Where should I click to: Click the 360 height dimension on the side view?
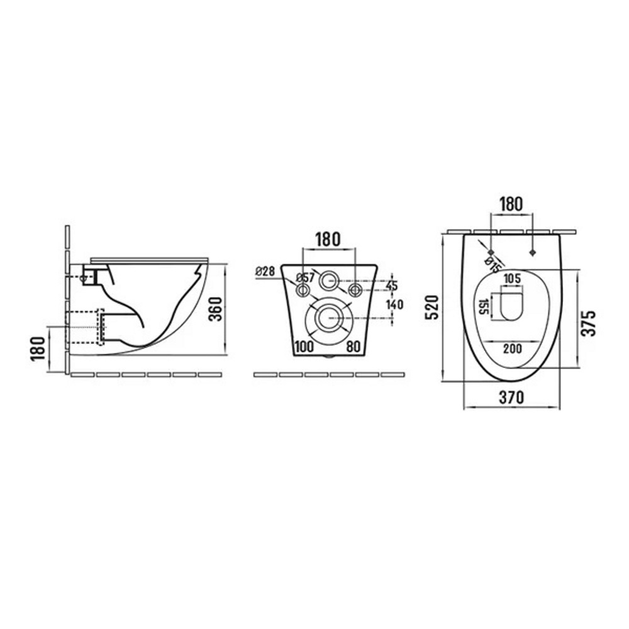click(216, 309)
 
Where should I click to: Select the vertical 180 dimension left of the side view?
click(38, 348)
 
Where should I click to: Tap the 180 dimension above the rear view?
click(328, 240)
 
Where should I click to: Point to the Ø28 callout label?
click(265, 272)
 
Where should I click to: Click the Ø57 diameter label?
click(305, 277)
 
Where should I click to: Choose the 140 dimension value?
click(395, 304)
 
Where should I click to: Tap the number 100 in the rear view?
click(304, 346)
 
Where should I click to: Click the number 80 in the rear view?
click(353, 346)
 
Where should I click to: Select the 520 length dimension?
click(433, 308)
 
